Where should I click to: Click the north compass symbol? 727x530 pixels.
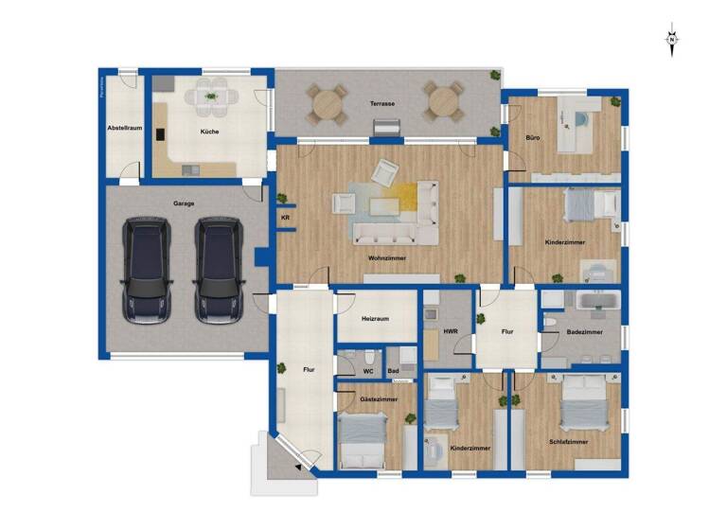pyautogui.click(x=671, y=40)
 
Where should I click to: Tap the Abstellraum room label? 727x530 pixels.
pyautogui.click(x=124, y=127)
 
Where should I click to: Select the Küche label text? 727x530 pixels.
pyautogui.click(x=209, y=132)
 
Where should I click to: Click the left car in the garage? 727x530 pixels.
pyautogui.click(x=148, y=269)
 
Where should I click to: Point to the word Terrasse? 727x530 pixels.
pyautogui.click(x=382, y=102)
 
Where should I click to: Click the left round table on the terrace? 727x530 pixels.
pyautogui.click(x=327, y=102)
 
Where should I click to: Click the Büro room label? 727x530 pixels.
pyautogui.click(x=533, y=139)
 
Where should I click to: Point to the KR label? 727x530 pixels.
pyautogui.click(x=285, y=218)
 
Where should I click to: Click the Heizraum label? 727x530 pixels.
pyautogui.click(x=376, y=319)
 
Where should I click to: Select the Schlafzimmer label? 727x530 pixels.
pyautogui.click(x=568, y=442)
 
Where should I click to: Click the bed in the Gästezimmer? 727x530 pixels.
pyautogui.click(x=362, y=441)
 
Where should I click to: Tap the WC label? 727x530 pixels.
pyautogui.click(x=368, y=371)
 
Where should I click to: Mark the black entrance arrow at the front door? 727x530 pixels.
pyautogui.click(x=299, y=468)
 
